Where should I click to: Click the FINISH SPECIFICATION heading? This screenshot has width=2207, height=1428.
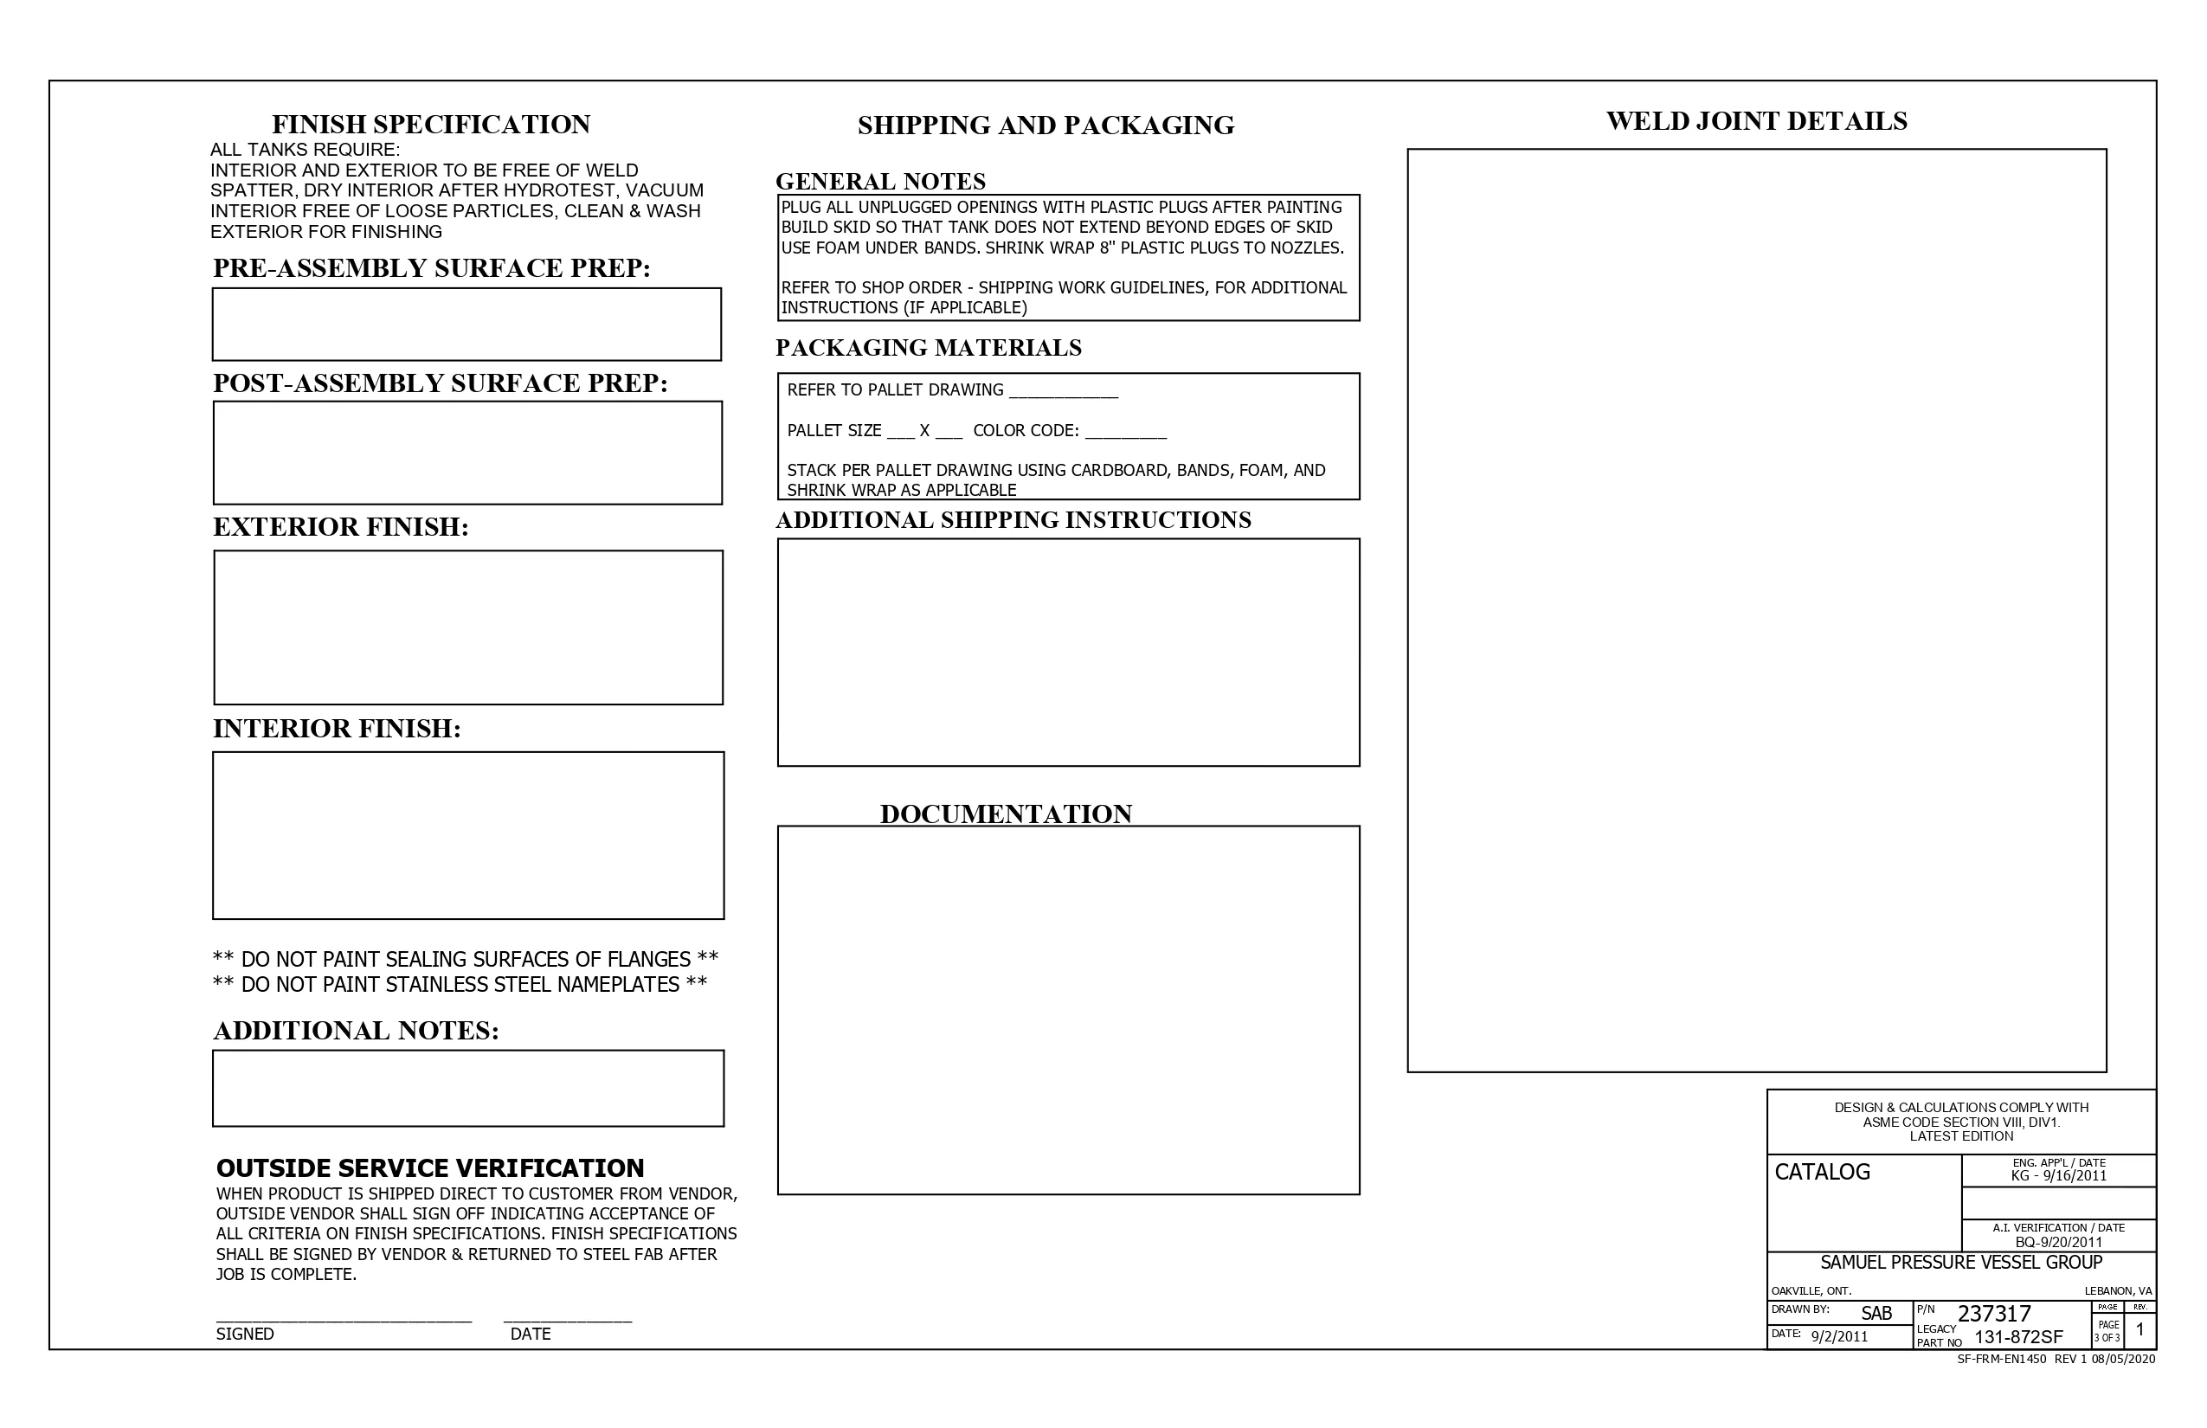tap(430, 125)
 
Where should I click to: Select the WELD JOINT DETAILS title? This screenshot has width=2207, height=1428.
tap(1756, 121)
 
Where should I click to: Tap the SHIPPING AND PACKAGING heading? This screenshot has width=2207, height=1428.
tap(1046, 125)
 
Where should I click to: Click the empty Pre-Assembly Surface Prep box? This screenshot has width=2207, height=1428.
tap(466, 324)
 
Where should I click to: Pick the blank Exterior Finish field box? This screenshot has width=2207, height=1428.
tap(468, 627)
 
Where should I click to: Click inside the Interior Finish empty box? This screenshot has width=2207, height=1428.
tap(468, 834)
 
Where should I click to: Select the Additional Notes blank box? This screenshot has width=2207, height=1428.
tap(468, 1088)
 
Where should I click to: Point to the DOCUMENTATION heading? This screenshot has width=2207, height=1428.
tap(1005, 814)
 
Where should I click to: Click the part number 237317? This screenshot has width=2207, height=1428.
tap(1994, 1313)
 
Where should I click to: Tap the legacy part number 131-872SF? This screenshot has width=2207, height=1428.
tap(2018, 1337)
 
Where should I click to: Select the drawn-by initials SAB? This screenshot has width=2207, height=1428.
tap(1876, 1313)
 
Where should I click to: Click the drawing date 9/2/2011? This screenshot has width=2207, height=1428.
tap(1839, 1336)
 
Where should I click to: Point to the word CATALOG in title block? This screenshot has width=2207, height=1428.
tap(1821, 1172)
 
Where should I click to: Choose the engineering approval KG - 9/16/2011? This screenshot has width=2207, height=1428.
tap(2059, 1176)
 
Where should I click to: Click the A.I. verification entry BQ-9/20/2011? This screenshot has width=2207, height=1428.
tap(2059, 1242)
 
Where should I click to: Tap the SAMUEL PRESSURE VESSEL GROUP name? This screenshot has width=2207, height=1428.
tap(1960, 1262)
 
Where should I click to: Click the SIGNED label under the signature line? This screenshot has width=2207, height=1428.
tap(245, 1334)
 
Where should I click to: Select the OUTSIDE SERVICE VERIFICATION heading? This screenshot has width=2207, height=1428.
tap(429, 1167)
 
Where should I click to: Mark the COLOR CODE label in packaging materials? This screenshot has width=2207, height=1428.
tap(1026, 430)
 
